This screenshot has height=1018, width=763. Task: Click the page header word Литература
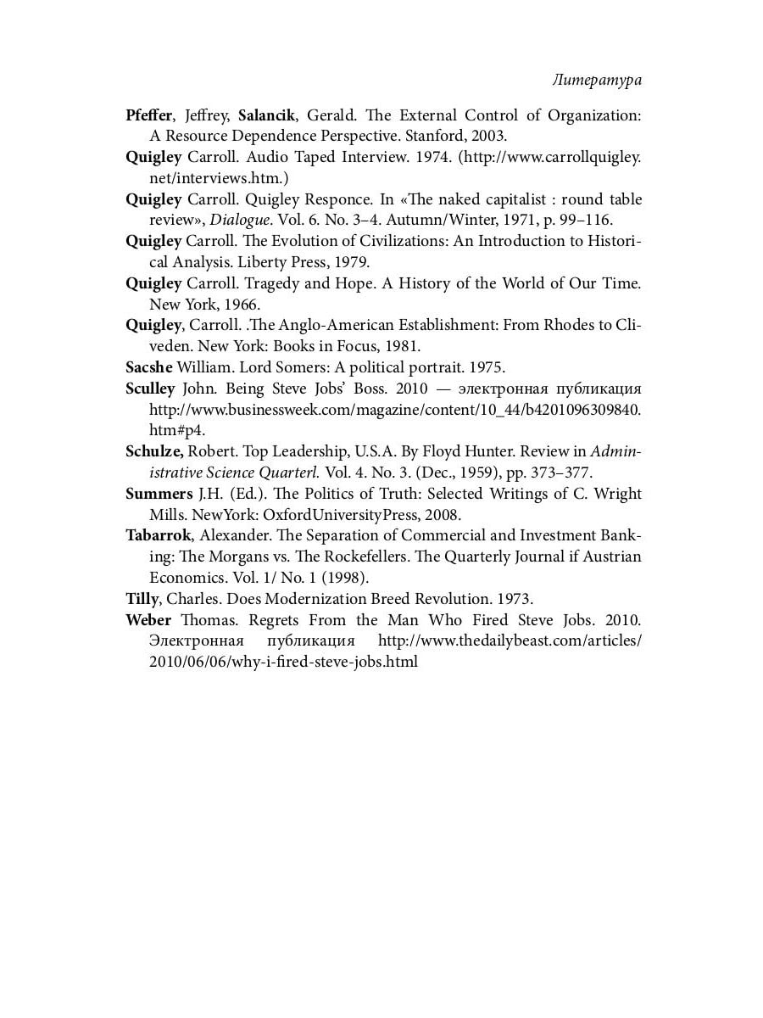coord(596,81)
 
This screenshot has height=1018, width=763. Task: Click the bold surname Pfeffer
coord(148,115)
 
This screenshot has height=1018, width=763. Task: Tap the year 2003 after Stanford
coord(489,136)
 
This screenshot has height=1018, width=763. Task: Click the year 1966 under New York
coord(242,304)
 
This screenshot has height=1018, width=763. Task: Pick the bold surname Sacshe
coord(148,367)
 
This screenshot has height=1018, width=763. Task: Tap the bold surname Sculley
coord(150,389)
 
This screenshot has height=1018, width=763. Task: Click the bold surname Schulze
coord(153,451)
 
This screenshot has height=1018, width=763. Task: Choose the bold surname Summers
coord(159,494)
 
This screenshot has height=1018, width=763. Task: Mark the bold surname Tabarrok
coord(159,536)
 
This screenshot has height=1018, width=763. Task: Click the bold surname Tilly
coord(142,599)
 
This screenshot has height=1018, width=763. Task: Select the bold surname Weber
coord(148,620)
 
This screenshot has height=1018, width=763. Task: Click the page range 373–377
coord(560,473)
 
